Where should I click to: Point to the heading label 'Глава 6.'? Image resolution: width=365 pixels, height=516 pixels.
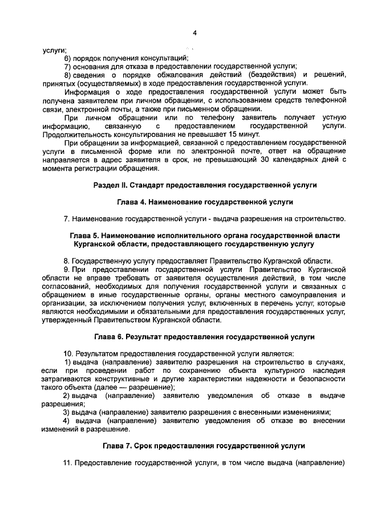click(x=109, y=337)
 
